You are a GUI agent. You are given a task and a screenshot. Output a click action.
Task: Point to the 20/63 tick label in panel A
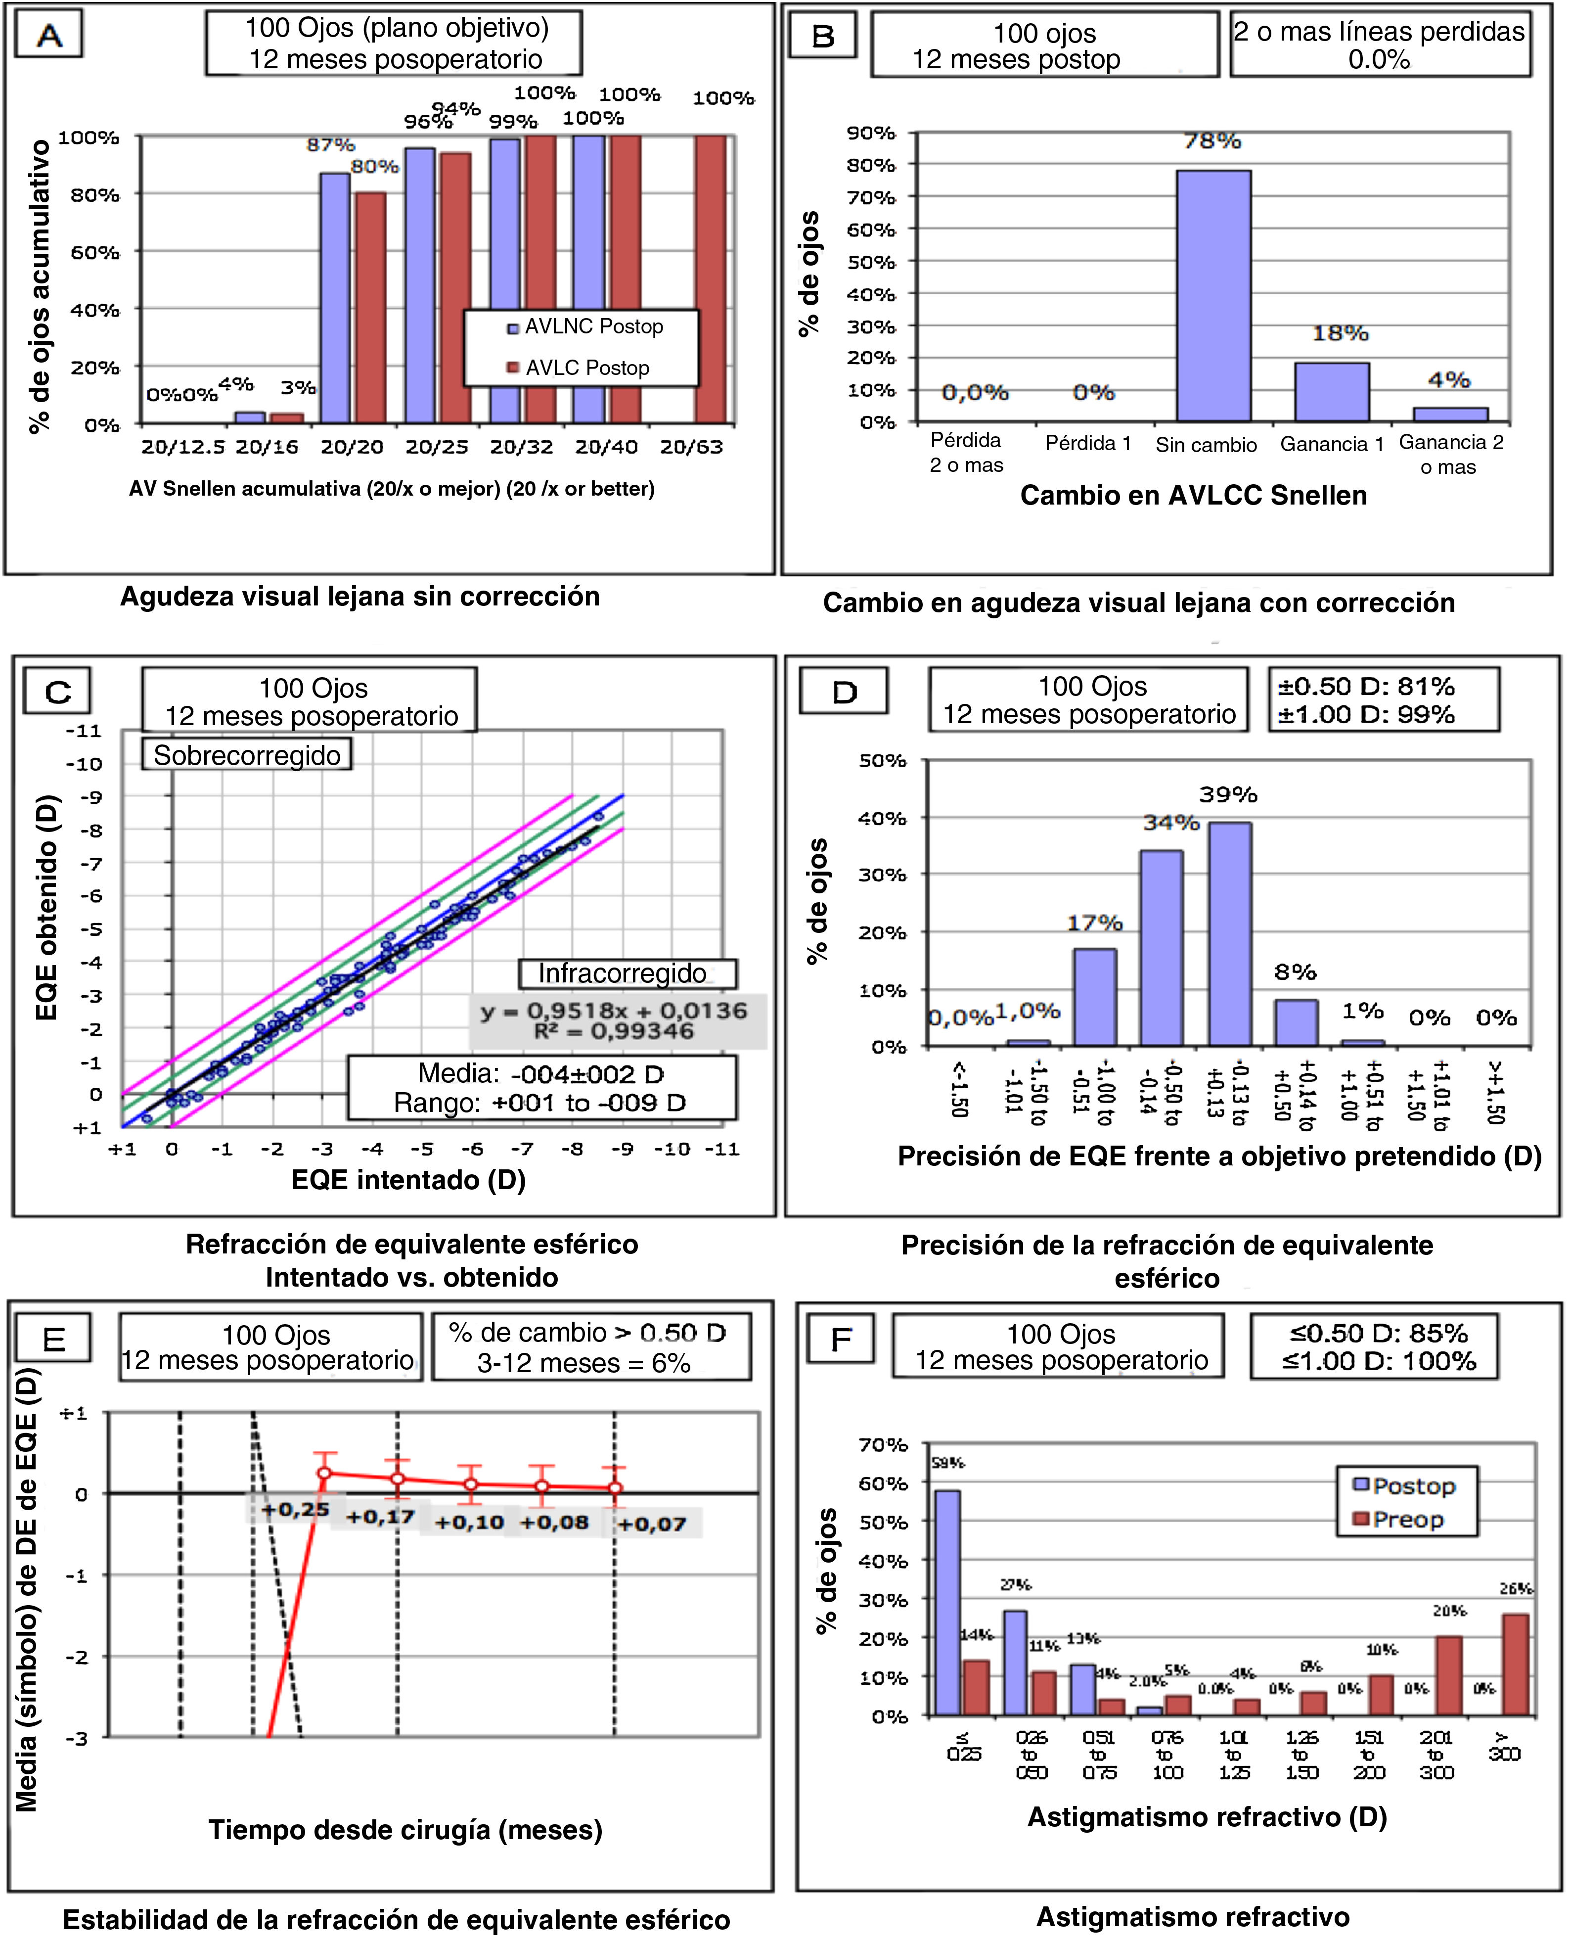click(x=691, y=447)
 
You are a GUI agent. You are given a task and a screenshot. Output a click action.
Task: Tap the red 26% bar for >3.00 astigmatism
click(x=1516, y=1665)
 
